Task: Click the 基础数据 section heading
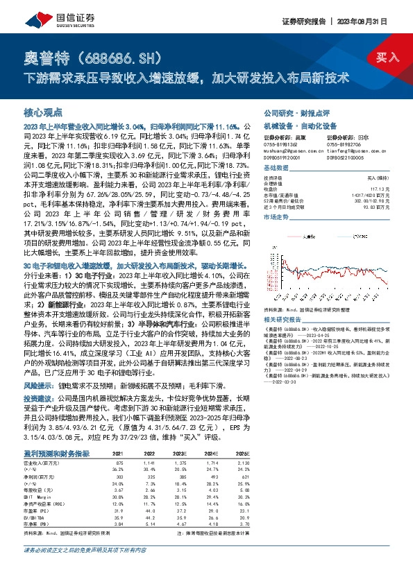coord(276,170)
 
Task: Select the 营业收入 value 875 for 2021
coord(119,462)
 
